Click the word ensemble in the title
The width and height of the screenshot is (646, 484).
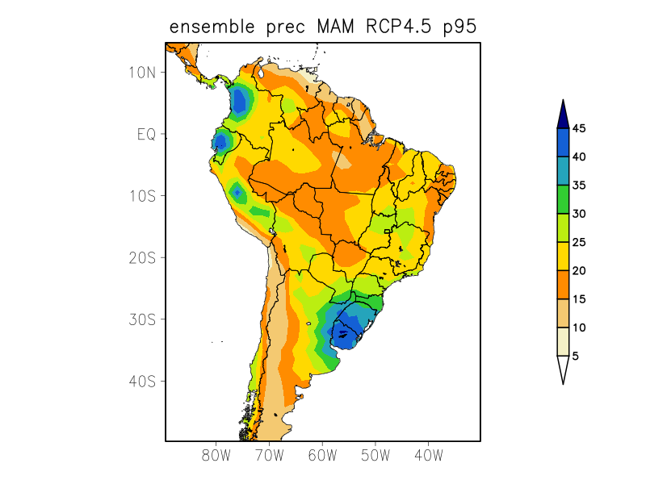214,27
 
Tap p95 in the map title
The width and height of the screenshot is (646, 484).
459,27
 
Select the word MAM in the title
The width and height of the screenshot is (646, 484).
333,27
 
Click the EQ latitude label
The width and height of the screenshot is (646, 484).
145,134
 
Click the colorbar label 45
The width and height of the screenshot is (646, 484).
579,128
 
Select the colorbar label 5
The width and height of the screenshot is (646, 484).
576,356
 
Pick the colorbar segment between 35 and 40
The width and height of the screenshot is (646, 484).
563,171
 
